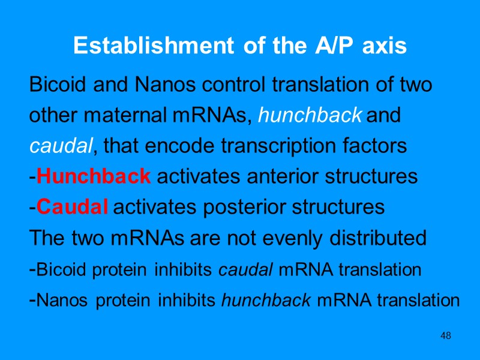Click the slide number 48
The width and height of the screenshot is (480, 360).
click(x=445, y=335)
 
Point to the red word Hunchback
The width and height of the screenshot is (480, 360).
click(x=93, y=176)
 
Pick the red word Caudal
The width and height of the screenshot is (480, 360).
click(x=72, y=208)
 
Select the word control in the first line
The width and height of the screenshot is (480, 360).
click(x=233, y=85)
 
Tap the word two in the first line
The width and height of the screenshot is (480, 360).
click(x=416, y=85)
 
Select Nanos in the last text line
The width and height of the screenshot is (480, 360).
click(x=58, y=301)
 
